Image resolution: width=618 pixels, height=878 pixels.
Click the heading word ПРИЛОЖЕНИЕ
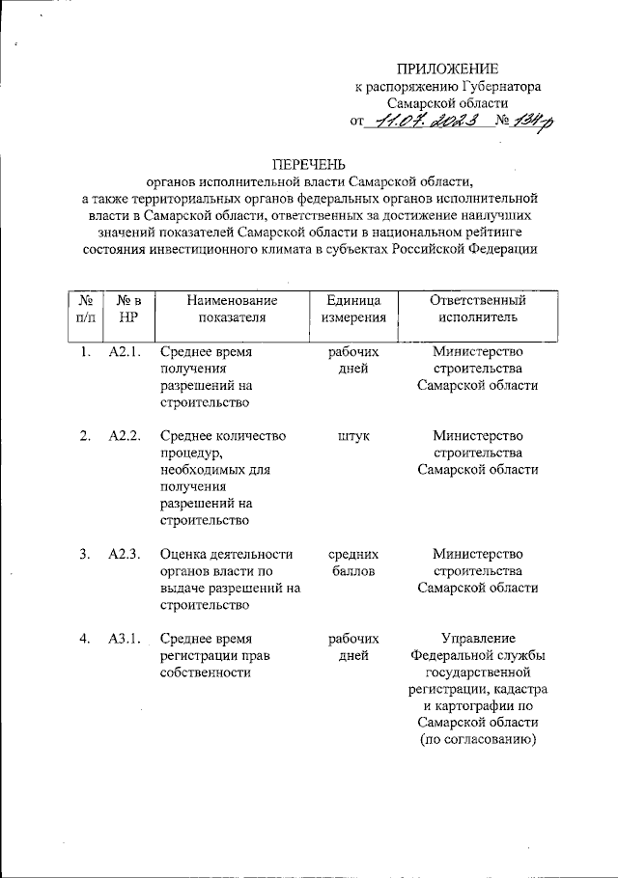(448, 69)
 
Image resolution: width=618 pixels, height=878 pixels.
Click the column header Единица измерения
(353, 308)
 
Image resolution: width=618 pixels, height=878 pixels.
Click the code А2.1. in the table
(126, 352)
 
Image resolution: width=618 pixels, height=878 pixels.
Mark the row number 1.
(85, 352)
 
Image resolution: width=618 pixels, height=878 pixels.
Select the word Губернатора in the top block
(507, 86)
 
